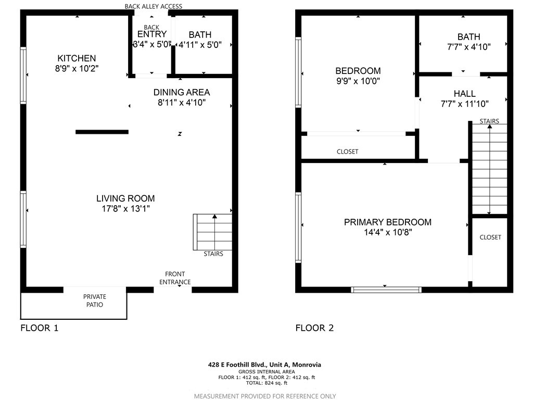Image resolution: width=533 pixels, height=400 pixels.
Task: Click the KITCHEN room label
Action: click(x=77, y=58)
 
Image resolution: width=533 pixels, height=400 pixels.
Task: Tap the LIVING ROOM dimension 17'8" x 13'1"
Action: click(x=125, y=208)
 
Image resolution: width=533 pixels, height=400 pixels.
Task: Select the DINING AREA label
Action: click(x=181, y=92)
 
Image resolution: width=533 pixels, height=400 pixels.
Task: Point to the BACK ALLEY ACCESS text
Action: click(x=154, y=6)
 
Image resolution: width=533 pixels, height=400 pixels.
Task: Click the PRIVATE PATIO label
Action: click(x=94, y=301)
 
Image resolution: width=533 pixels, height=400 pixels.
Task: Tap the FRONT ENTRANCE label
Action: click(x=175, y=278)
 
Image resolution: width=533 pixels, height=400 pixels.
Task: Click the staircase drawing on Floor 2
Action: click(x=489, y=169)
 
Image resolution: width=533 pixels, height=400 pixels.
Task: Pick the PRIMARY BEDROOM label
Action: click(x=387, y=222)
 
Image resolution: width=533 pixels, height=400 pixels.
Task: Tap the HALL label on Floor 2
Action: click(x=464, y=94)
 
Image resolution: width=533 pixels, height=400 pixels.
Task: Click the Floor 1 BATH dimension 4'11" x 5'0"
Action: click(x=200, y=45)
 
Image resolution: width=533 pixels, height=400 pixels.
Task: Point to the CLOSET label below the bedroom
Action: click(x=347, y=152)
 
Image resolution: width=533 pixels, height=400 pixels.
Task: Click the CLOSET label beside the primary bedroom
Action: click(x=490, y=237)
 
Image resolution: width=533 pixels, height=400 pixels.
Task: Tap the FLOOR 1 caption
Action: click(x=40, y=328)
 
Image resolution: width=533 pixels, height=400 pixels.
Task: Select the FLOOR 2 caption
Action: click(x=314, y=328)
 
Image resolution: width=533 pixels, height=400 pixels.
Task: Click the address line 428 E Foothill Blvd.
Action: click(x=264, y=365)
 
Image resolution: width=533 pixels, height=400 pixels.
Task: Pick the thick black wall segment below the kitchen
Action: click(x=102, y=132)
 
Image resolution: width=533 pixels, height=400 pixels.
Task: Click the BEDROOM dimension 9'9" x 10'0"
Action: click(x=358, y=81)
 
